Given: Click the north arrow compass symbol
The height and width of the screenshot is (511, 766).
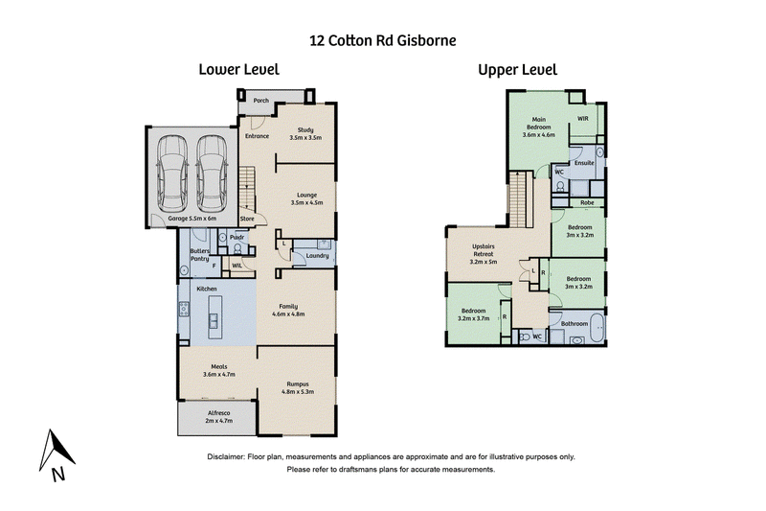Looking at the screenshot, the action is point(56,453).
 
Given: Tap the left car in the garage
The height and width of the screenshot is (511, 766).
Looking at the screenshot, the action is point(171,173).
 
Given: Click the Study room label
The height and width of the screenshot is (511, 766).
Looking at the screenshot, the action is point(305,133).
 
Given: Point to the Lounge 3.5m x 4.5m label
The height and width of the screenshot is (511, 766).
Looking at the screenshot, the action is point(306,198).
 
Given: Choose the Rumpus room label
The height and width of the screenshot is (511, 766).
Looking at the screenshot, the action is point(298,387).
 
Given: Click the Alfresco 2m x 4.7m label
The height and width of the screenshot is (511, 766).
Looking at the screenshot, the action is point(219,417).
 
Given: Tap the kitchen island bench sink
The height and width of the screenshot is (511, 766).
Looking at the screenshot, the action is point(214,321).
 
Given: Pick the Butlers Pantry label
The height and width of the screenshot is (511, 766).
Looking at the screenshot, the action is point(200,255).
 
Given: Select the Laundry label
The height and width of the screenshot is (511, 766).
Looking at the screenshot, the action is point(317,256).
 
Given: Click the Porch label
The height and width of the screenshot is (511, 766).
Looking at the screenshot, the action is point(260,101).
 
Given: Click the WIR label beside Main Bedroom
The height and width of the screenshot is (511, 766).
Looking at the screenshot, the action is point(583,118).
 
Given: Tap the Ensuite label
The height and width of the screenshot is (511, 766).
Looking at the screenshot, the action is point(584,163).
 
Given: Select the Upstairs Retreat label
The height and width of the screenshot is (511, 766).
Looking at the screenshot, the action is point(484,254).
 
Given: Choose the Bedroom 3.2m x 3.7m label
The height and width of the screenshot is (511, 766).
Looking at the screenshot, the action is point(473,314).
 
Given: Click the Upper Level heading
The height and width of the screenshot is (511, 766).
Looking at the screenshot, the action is point(517,70).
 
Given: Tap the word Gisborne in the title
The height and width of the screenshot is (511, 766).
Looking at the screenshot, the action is point(426,40).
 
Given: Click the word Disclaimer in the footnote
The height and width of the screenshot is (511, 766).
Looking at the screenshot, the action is point(225,456).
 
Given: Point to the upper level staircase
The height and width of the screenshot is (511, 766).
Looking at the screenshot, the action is point(521,199).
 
